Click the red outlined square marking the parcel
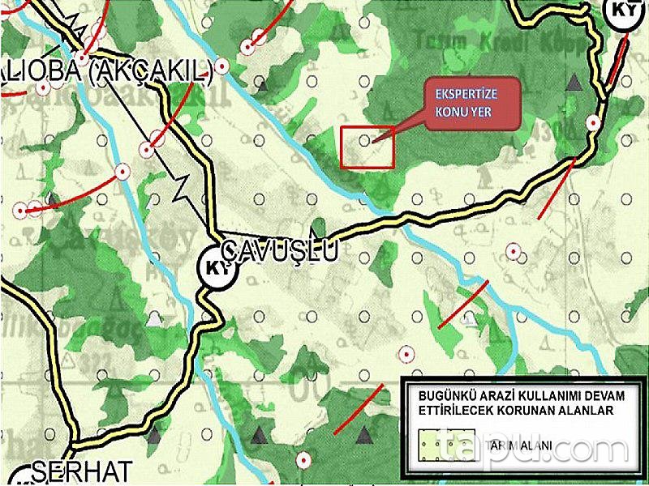point(367,147)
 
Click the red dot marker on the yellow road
point(594,122)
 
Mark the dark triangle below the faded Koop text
point(575,82)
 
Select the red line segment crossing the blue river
point(463,304)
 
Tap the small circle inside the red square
point(365,139)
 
